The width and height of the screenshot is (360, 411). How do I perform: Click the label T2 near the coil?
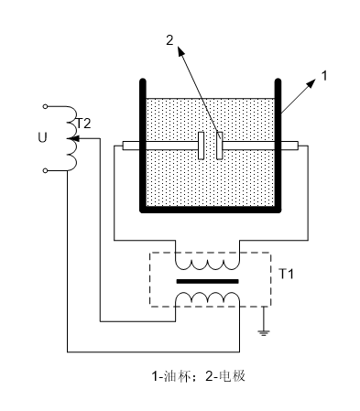pos(83,124)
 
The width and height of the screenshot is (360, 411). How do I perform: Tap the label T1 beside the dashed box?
pos(286,274)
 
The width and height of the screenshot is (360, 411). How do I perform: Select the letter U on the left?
pos(42,137)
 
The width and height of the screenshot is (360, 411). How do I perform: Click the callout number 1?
pos(324,76)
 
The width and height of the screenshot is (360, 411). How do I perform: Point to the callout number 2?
pos(169,40)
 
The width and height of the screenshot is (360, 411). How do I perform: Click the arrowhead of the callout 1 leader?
pos(311,83)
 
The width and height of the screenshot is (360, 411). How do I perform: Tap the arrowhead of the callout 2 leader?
pos(180,51)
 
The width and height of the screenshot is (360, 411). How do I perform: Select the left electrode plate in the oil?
pos(201,146)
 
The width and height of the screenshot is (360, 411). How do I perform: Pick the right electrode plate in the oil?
pos(220,146)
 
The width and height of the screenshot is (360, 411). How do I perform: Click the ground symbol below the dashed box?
pos(264,332)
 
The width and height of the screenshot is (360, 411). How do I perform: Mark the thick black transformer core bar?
pos(207,281)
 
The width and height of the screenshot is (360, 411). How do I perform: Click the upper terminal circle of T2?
pos(45,106)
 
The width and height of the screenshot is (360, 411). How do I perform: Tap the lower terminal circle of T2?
pos(45,171)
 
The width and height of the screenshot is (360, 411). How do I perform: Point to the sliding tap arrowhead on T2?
pos(72,138)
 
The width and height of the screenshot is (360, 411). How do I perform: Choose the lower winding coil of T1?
pos(207,297)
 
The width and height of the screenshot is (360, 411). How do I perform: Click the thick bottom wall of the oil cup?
pos(211,210)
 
